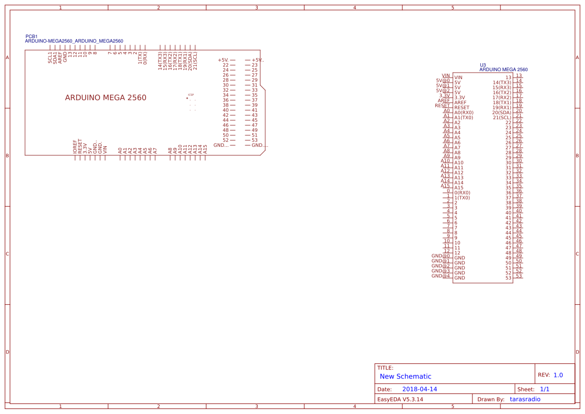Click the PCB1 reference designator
point(31,37)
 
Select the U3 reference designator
point(483,65)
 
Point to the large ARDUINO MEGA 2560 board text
point(106,98)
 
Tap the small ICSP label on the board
point(191,95)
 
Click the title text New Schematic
point(405,376)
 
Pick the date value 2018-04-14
point(419,389)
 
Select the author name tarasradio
point(525,399)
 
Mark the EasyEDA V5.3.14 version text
point(400,399)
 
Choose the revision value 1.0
point(558,375)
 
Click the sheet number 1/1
point(544,389)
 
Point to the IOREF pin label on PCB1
point(75,146)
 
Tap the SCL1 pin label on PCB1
point(50,57)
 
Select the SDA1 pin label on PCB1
point(55,57)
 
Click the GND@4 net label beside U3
point(441,276)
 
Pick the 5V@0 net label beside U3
point(443,80)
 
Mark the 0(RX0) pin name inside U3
point(462,193)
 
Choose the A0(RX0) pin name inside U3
point(463,113)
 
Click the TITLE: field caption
point(385,368)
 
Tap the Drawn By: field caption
point(490,399)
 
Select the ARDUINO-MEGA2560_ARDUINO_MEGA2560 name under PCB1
point(74,41)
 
